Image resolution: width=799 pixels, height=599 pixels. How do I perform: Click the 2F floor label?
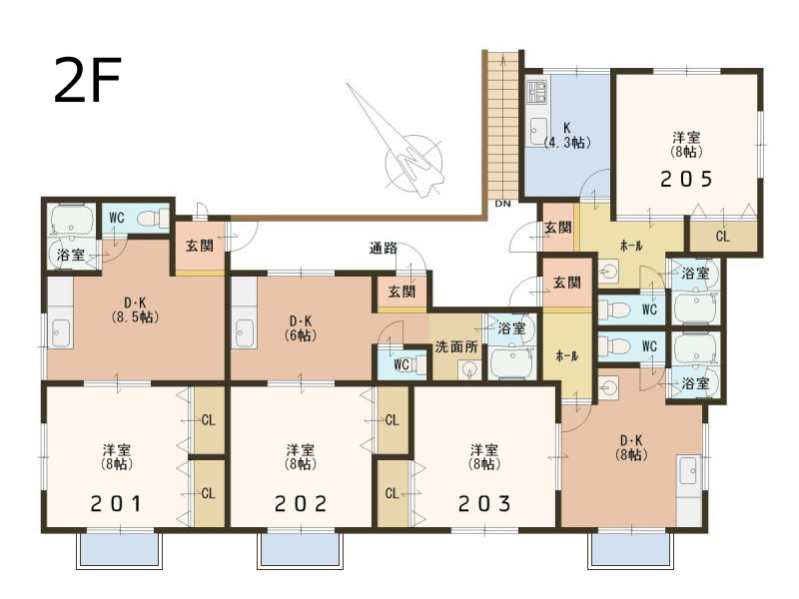[88, 80]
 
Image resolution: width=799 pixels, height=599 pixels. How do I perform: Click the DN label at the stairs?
[502, 204]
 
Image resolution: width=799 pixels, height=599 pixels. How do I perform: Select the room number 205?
[686, 179]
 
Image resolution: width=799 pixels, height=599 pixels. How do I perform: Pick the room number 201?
[117, 504]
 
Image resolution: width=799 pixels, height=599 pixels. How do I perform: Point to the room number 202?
[301, 504]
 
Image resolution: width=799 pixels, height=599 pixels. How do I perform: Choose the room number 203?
[484, 504]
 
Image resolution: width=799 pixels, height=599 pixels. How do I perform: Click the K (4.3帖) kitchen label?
[567, 135]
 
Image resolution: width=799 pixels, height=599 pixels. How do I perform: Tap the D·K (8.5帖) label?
[135, 310]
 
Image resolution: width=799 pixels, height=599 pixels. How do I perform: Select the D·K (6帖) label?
[301, 328]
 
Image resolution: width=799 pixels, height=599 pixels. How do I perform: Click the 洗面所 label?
[456, 346]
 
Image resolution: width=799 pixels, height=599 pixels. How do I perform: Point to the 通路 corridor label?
[383, 249]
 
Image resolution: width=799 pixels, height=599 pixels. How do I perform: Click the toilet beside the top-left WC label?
[152, 218]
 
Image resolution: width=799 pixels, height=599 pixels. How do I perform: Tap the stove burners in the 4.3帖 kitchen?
[537, 91]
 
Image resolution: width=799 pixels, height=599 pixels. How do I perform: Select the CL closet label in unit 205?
[722, 237]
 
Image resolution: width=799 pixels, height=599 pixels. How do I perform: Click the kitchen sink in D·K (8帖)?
[688, 470]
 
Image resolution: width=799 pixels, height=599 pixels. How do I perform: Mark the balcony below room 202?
[300, 551]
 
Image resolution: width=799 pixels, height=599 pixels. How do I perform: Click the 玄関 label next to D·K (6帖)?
[401, 292]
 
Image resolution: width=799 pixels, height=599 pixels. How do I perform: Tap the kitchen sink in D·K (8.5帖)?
[61, 333]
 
